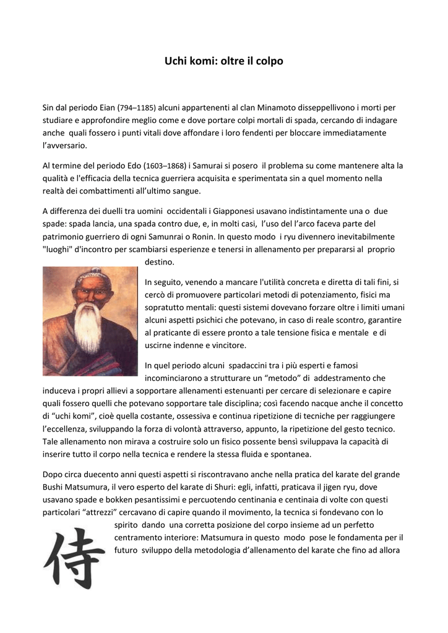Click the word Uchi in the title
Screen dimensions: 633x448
[176, 61]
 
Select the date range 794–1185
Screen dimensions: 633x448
[137, 108]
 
